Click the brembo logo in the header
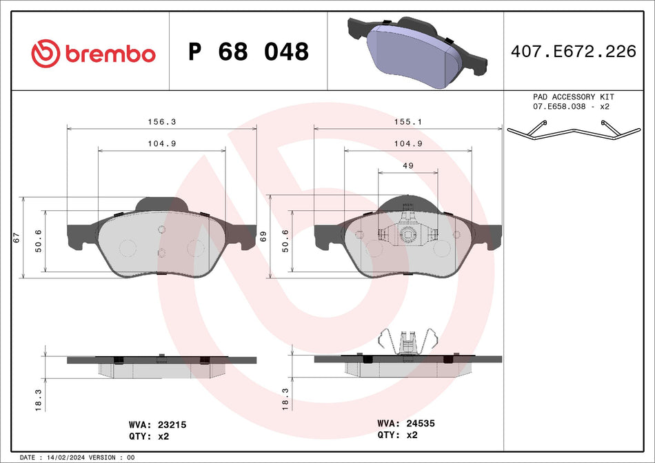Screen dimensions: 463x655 click(x=94, y=53)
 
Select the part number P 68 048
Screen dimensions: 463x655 click(x=248, y=52)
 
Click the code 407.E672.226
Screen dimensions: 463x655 click(x=573, y=52)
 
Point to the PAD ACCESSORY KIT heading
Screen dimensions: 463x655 click(x=573, y=97)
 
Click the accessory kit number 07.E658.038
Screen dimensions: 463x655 click(x=559, y=107)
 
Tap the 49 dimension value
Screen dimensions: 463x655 click(x=407, y=165)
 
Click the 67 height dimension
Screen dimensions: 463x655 click(x=16, y=238)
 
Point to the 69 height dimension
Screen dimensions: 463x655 click(x=263, y=236)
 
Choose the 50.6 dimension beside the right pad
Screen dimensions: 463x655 click(x=284, y=241)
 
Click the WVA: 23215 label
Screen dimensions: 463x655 click(x=158, y=425)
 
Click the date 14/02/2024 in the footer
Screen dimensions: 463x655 click(x=69, y=457)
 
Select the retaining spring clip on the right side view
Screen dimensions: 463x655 click(x=408, y=342)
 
